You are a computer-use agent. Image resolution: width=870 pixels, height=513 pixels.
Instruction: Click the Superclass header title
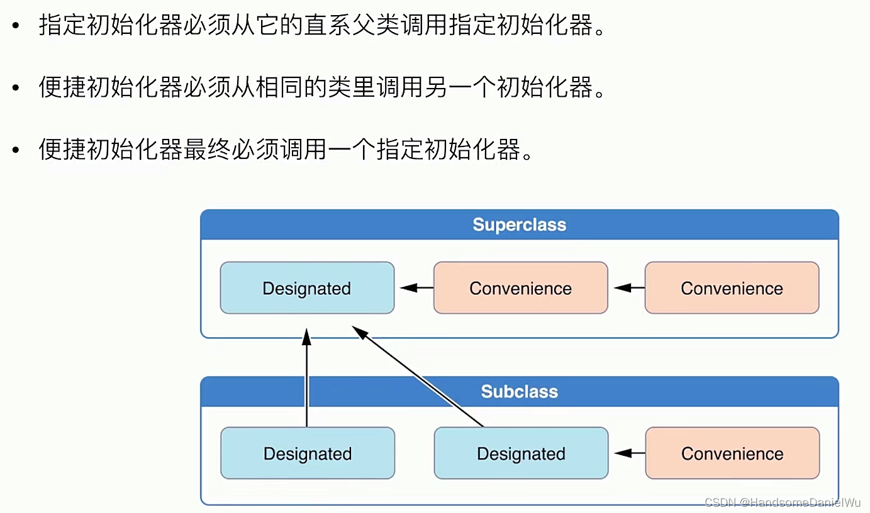coord(519,225)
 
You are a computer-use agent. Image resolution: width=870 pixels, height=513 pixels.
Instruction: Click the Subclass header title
coord(519,392)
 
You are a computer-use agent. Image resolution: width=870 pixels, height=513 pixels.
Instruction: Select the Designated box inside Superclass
coord(307,289)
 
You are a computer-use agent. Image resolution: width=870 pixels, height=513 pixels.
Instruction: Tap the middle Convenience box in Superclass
coord(520,289)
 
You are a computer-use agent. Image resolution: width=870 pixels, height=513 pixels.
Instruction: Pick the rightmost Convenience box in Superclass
coord(732,289)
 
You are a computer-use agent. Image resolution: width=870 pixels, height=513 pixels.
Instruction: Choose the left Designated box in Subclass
coord(308,453)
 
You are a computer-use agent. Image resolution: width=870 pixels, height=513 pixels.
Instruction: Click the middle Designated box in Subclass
coord(521,453)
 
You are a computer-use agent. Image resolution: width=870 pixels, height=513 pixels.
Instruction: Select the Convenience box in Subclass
coord(732,453)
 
